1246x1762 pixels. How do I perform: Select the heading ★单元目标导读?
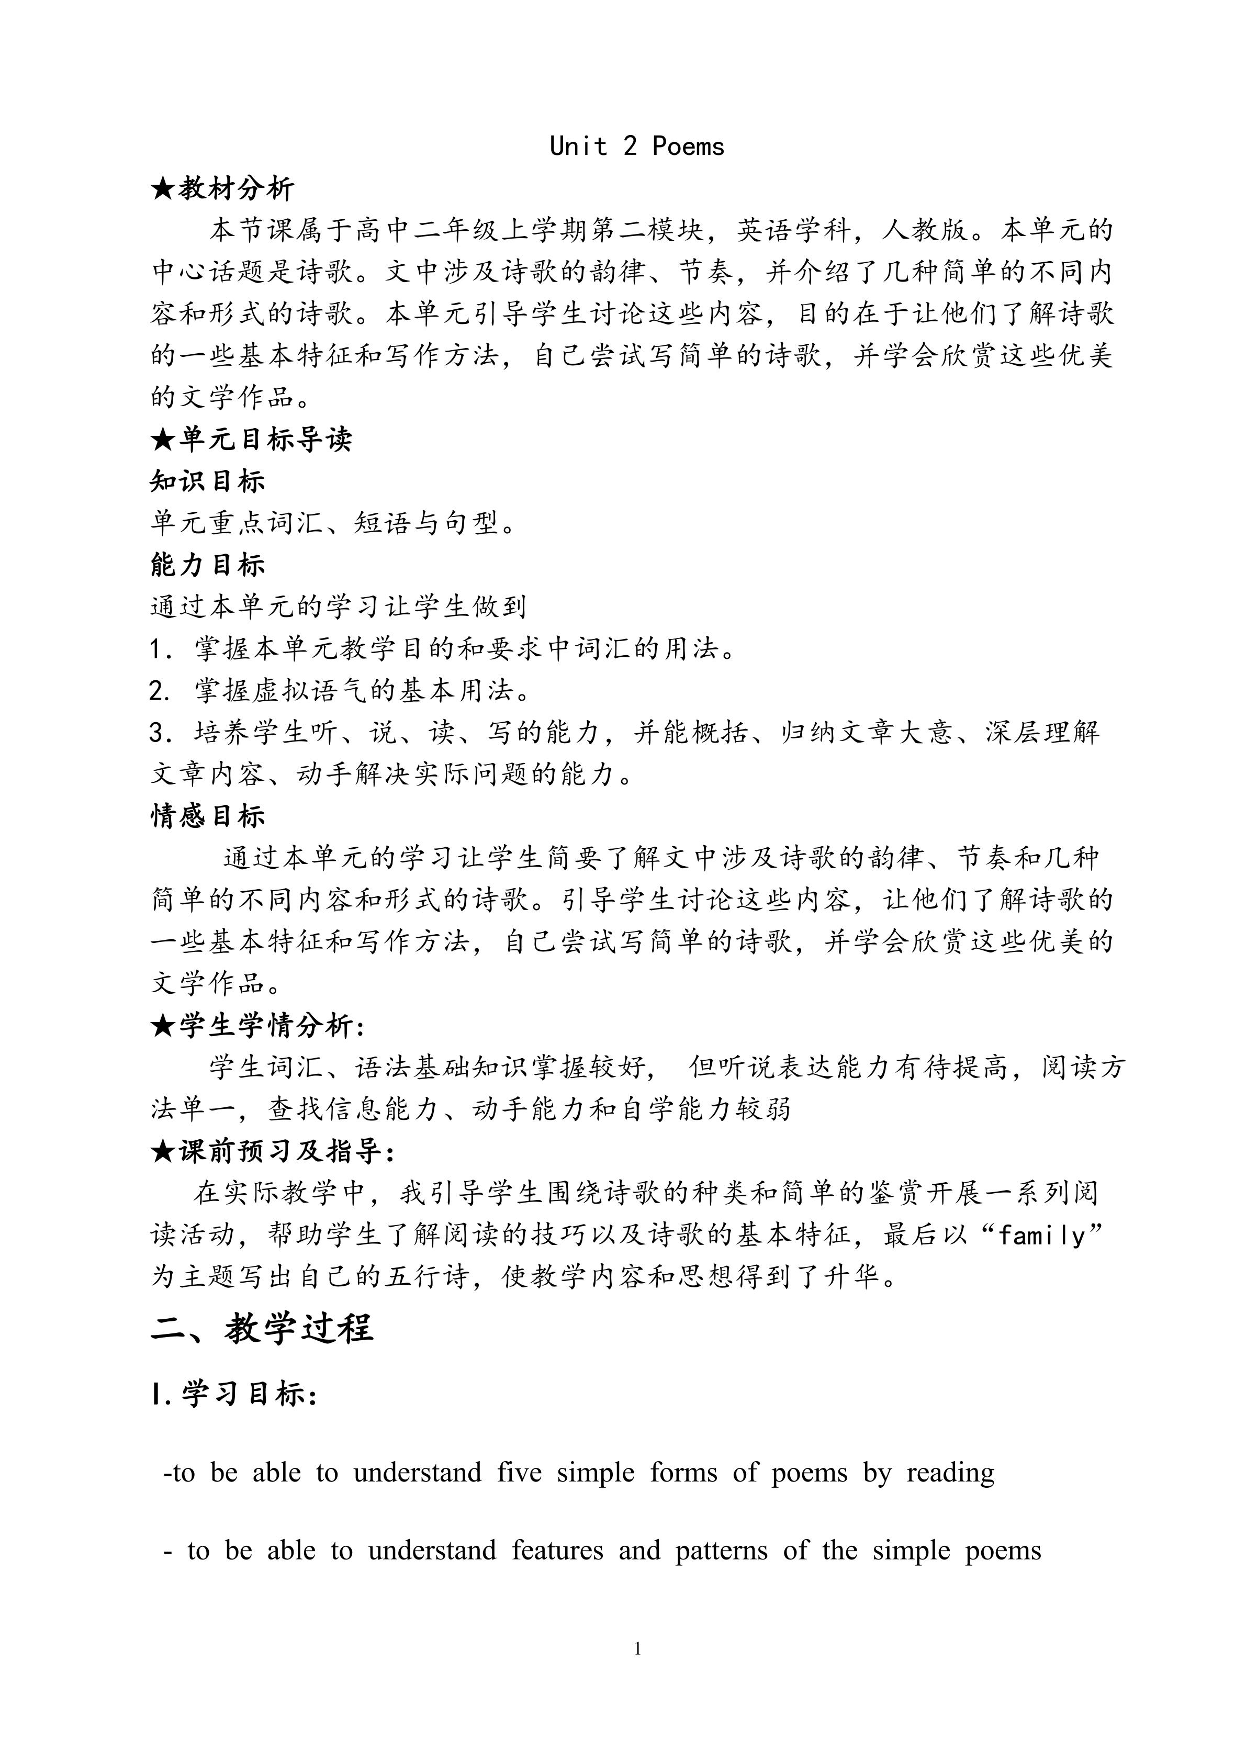(251, 440)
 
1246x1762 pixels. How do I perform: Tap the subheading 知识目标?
(207, 481)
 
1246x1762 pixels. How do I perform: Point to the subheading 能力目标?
(207, 565)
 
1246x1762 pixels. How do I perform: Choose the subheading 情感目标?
(207, 816)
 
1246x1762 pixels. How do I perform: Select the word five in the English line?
(519, 1473)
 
